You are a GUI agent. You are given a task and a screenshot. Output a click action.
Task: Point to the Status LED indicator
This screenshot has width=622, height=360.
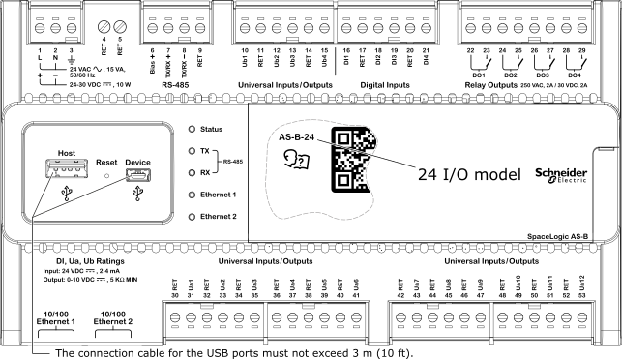(x=192, y=129)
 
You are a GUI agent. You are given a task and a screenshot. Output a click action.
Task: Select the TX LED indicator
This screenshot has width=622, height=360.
(x=192, y=151)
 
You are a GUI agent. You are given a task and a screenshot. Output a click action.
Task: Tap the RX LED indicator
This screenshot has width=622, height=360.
(x=192, y=172)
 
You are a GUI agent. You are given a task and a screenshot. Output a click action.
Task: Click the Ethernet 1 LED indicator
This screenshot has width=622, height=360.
(x=192, y=195)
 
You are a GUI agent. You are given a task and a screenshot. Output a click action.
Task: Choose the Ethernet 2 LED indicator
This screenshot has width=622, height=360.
(x=192, y=216)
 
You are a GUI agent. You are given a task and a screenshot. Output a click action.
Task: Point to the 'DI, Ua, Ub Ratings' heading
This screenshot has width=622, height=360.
(x=70, y=261)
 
